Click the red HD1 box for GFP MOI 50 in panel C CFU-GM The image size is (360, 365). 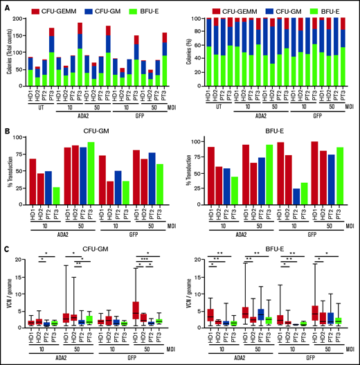[136, 308]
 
